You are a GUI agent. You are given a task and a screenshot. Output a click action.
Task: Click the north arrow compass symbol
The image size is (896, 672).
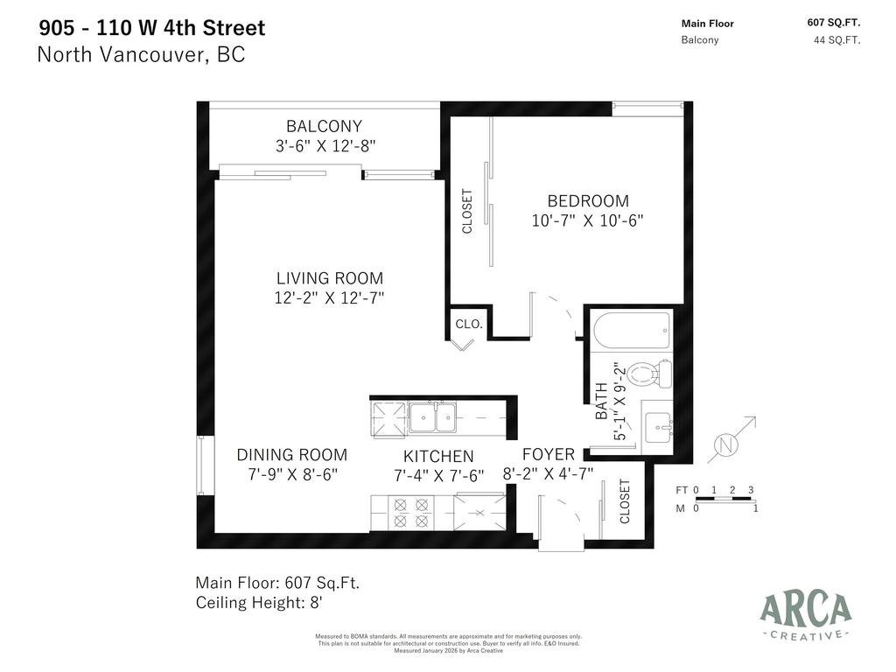pos(729,444)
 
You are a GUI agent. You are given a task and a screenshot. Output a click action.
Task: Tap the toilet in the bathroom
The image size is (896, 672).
pos(652,374)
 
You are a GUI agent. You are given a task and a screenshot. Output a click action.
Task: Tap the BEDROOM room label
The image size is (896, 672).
pos(588,201)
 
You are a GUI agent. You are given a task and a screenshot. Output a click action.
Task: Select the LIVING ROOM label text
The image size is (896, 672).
pos(330,279)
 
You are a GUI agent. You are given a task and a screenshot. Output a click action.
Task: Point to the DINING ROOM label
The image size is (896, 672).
pos(291,455)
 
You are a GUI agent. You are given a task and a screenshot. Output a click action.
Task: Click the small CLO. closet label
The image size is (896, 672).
pos(469,324)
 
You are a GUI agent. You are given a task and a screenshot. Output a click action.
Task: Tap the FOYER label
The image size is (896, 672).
pos(549,454)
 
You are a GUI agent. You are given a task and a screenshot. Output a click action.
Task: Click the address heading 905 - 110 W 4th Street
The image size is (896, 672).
pos(151,28)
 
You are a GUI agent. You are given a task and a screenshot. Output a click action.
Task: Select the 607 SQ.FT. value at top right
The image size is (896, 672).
pos(833,24)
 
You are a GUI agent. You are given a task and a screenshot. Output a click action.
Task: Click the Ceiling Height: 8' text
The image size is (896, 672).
pos(261,603)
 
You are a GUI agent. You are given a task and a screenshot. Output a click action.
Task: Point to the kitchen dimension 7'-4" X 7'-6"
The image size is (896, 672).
pos(438,475)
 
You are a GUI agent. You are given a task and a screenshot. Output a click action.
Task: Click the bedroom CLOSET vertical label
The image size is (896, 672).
pos(467,211)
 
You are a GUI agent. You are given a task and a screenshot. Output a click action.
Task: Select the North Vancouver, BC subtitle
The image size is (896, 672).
pos(141,54)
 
